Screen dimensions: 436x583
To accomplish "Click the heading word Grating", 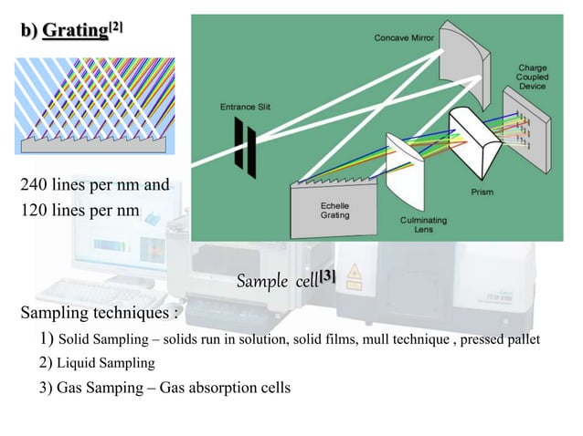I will tap(73, 31).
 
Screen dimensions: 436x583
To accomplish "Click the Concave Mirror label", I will tap(404, 37).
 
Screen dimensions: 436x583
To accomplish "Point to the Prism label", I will tap(482, 192).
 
